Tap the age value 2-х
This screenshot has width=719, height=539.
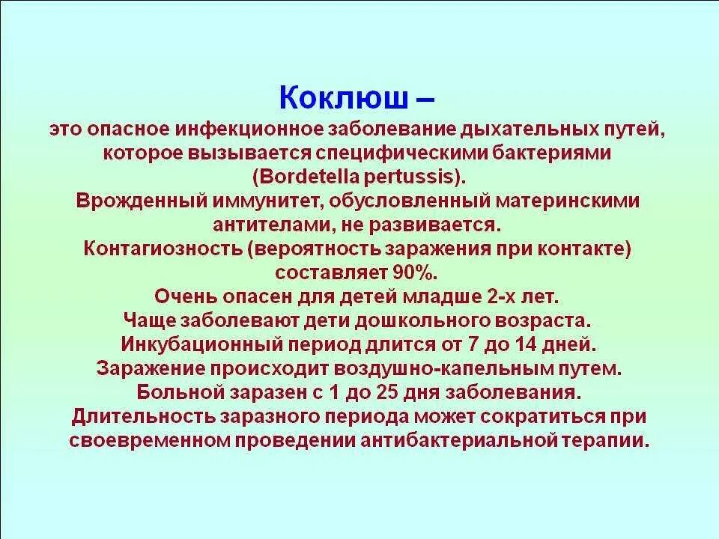click(517, 296)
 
